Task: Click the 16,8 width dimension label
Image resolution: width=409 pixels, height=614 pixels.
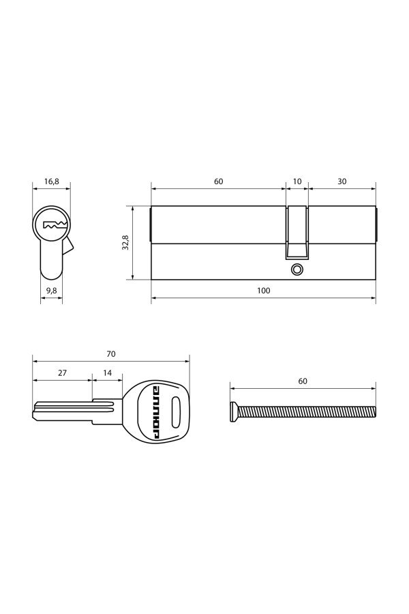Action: point(52,181)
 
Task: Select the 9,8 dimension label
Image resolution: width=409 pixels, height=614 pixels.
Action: point(51,291)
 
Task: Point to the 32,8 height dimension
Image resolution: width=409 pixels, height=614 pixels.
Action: point(125,242)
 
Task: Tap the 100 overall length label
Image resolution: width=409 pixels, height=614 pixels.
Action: point(264,291)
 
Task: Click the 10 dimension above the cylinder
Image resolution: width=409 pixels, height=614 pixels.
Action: point(297,181)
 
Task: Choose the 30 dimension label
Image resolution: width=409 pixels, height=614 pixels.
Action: point(342,181)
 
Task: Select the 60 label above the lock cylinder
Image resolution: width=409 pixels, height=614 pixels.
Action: point(218,181)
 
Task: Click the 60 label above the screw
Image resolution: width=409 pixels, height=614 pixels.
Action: point(303,381)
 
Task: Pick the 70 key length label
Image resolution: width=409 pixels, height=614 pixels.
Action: point(111,354)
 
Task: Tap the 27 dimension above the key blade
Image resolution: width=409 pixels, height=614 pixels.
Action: point(62,373)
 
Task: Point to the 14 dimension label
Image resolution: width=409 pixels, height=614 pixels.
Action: point(108,373)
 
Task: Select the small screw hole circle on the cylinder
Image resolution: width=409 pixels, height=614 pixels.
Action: point(297,269)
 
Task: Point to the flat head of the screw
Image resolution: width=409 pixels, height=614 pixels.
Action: point(234,413)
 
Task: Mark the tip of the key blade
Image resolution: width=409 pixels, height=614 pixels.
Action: point(35,411)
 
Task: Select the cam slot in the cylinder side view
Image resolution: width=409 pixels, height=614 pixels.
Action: point(297,232)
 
